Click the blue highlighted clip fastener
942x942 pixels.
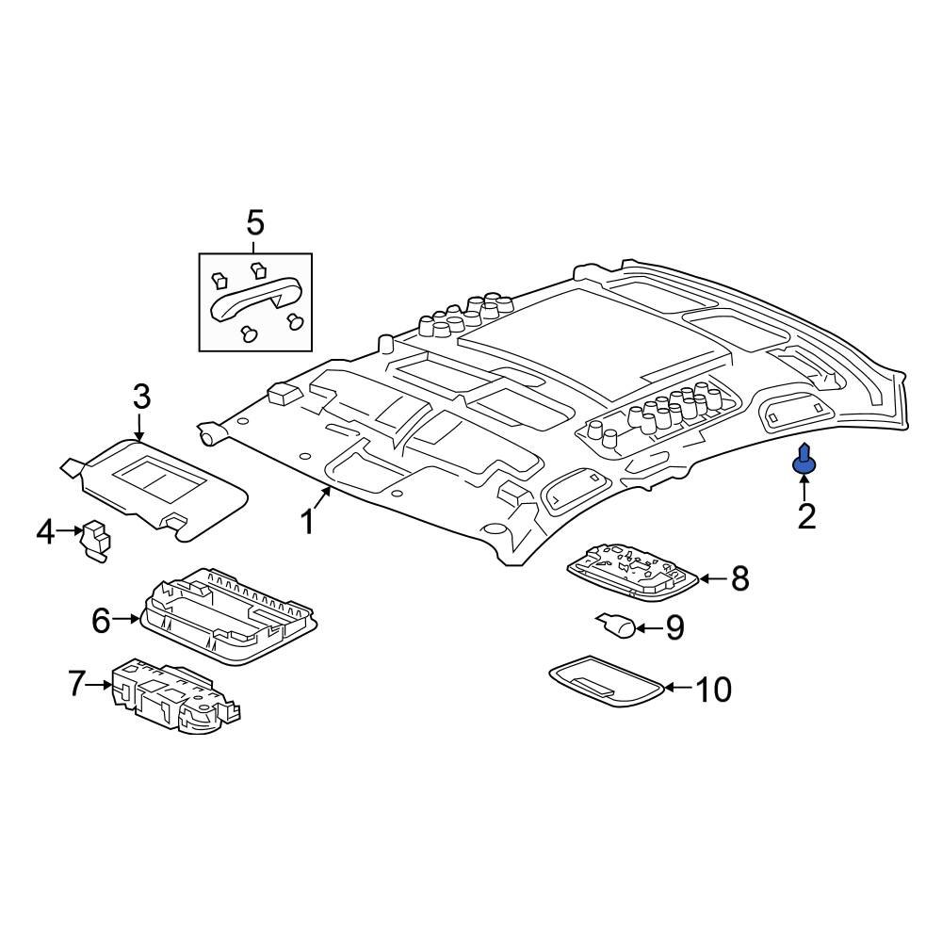tap(804, 460)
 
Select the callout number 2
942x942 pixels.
tap(806, 515)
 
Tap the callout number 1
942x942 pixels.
tap(306, 521)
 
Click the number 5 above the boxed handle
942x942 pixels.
tap(255, 224)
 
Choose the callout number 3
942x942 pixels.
tap(140, 397)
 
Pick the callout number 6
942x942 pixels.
tap(101, 620)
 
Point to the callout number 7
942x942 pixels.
tap(76, 684)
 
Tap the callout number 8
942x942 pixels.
tap(739, 579)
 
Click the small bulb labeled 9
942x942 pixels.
tap(616, 625)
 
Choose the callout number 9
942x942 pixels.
tap(674, 628)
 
